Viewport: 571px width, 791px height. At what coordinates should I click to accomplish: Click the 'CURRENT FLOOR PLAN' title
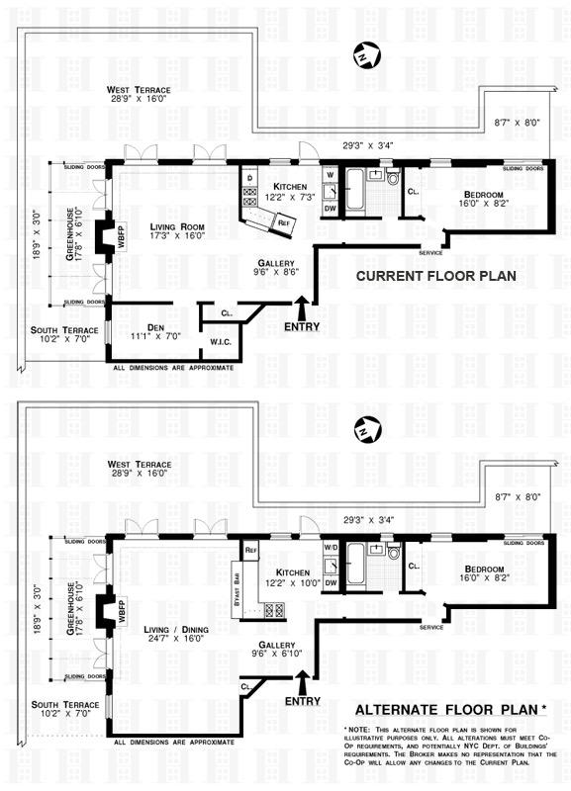point(435,276)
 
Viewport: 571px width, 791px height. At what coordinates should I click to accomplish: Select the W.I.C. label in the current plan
point(220,343)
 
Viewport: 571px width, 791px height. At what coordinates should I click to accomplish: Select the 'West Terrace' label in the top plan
point(132,91)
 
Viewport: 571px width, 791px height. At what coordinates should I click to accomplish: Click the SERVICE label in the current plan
point(430,252)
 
